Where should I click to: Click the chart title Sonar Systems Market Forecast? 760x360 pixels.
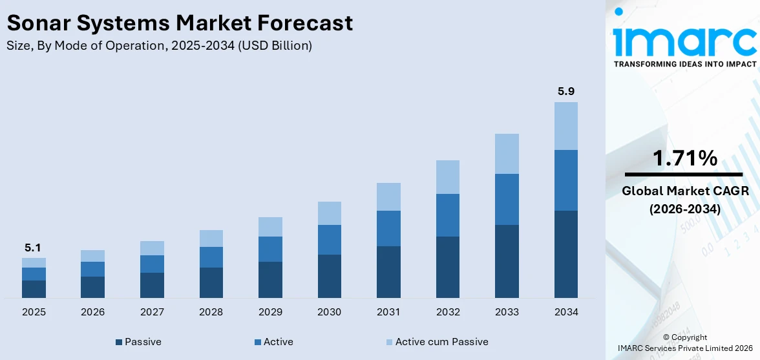[x=180, y=23]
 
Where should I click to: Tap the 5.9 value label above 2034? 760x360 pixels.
[x=566, y=91]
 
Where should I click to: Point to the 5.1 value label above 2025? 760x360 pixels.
[x=34, y=248]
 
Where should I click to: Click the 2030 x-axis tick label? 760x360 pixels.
[x=329, y=312]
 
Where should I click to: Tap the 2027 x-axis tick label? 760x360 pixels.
[x=152, y=312]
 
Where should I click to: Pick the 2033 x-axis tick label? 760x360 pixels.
[x=507, y=312]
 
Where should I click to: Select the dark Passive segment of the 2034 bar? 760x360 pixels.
[x=566, y=254]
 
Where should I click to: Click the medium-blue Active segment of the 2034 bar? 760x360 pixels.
[x=566, y=180]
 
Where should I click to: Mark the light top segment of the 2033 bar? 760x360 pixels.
[x=507, y=154]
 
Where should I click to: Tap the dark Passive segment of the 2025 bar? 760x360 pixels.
[x=34, y=289]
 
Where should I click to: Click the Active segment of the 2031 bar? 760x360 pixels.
[x=388, y=228]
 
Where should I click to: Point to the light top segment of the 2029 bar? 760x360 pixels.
[x=270, y=227]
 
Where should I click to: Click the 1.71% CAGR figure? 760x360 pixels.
[x=684, y=158]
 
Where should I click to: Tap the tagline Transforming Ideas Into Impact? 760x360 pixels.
[x=684, y=64]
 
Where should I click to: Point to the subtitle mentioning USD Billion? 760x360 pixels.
[x=159, y=46]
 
